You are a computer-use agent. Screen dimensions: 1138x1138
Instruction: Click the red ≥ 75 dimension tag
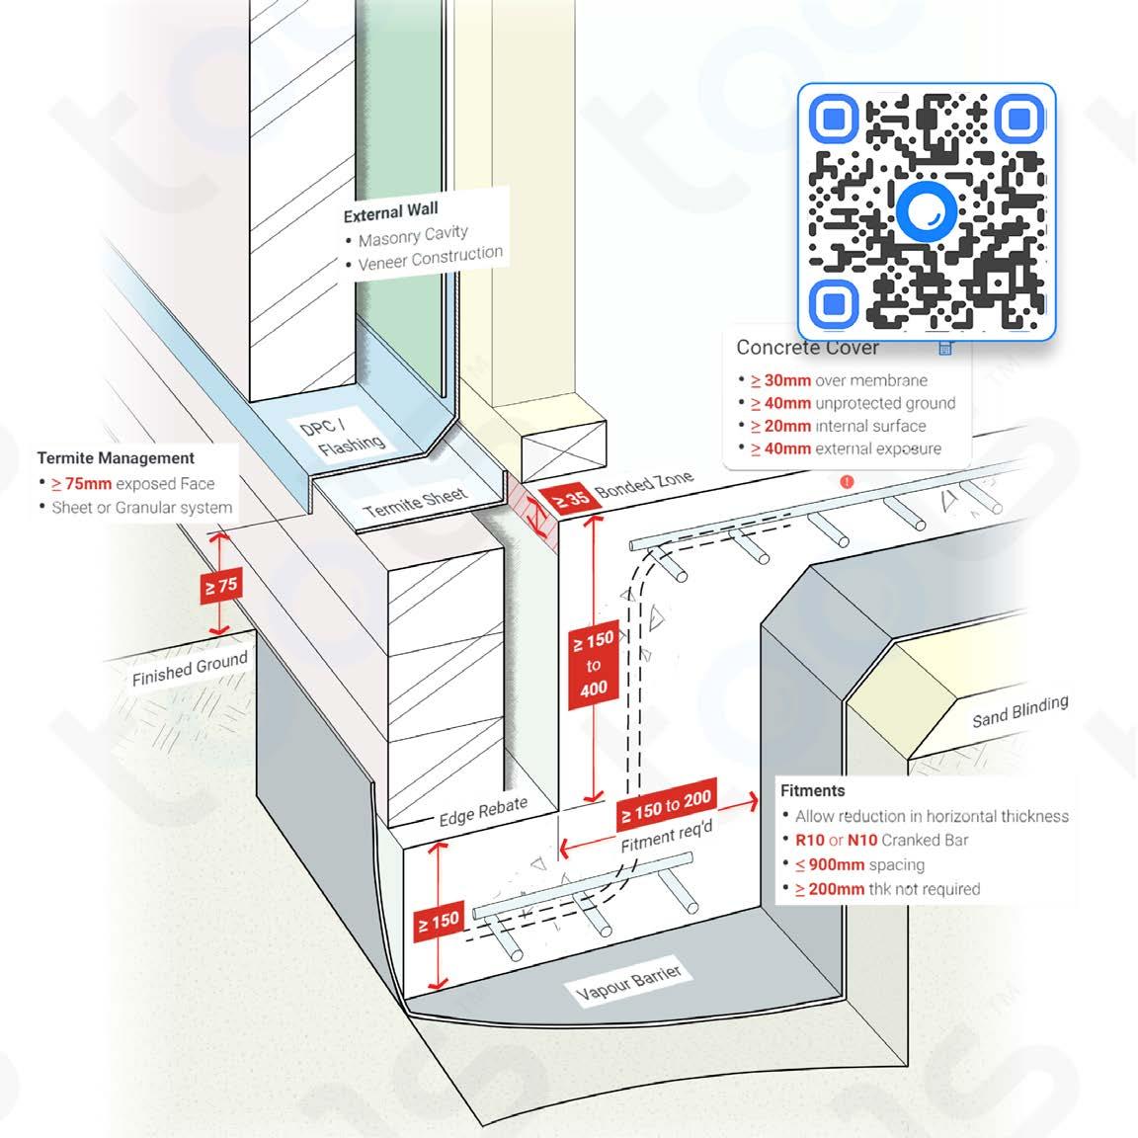pos(220,586)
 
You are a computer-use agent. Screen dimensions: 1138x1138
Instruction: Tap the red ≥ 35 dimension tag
pos(570,500)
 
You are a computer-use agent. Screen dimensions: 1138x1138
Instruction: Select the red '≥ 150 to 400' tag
pos(593,664)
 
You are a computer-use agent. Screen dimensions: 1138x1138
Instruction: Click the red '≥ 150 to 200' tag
pos(666,809)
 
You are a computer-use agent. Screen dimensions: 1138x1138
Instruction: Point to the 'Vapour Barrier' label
pos(629,984)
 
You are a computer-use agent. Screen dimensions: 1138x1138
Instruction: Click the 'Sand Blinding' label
pos(1019,711)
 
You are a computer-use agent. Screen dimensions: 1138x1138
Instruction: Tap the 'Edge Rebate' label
pos(483,812)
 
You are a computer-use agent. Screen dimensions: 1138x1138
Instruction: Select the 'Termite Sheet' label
pos(415,502)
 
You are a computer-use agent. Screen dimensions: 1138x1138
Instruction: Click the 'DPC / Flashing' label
pos(340,436)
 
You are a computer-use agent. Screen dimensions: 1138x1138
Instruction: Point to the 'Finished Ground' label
pos(190,669)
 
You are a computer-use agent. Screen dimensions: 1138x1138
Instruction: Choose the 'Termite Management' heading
pos(116,458)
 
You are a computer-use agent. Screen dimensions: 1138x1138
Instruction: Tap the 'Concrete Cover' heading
pos(807,348)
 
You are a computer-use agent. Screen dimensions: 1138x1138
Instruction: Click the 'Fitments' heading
pos(812,790)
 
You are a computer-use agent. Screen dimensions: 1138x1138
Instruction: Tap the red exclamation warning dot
pos(847,482)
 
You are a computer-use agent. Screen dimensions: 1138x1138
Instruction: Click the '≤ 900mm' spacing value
pos(836,864)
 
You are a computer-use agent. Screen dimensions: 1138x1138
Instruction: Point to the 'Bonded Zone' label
pos(643,485)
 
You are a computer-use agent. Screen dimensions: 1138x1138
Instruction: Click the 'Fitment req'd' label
pos(666,839)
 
